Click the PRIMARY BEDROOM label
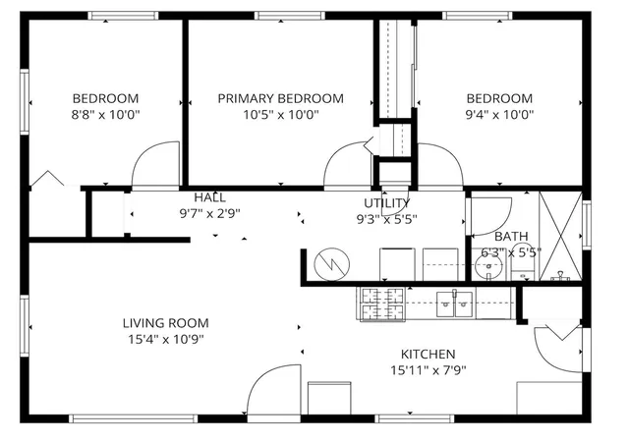(280, 98)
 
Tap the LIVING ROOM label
(166, 323)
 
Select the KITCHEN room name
(429, 355)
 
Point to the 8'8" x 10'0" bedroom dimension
(105, 115)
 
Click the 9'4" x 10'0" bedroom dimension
(499, 115)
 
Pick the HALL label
(209, 197)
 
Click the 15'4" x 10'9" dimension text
(166, 340)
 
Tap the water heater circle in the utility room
(332, 264)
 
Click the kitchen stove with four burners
(382, 304)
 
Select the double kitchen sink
(454, 304)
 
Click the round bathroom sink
(488, 265)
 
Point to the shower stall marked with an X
(560, 236)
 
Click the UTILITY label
(386, 203)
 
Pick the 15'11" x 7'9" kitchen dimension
(429, 370)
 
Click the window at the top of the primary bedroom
(290, 16)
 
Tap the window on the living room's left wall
(25, 326)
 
